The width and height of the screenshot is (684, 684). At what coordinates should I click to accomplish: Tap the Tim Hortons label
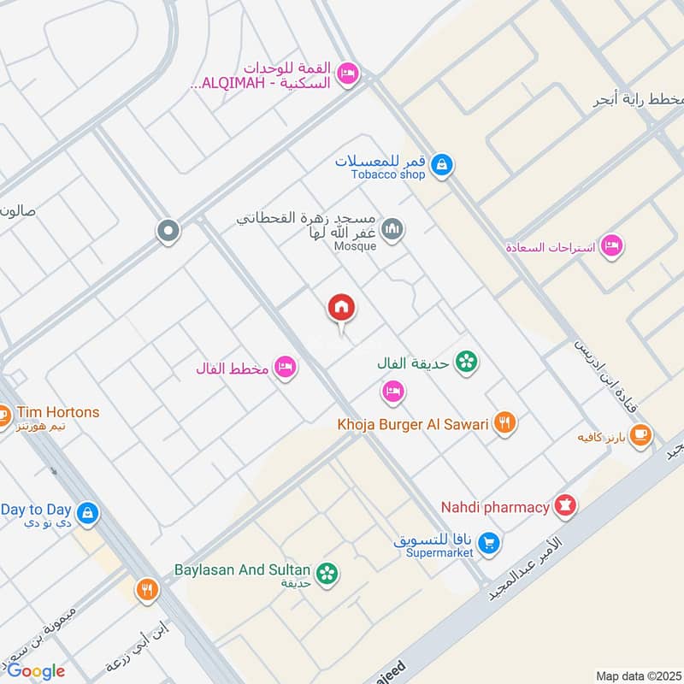pos(49,412)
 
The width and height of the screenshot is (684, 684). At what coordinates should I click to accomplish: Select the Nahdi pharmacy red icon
pos(565,506)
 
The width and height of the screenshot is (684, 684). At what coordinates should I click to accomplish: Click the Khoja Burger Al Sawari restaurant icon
pos(505,422)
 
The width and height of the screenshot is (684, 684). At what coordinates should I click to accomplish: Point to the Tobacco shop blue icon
pos(441,164)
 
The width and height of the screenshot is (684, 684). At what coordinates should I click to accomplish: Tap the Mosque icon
pos(392,229)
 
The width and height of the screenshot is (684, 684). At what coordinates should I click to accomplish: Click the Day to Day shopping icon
pos(86,513)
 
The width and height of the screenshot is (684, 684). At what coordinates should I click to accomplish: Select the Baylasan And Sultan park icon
pos(326,574)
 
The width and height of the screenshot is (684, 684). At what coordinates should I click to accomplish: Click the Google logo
pos(36,671)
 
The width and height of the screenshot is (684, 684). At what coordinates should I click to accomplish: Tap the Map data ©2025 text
pos(636,675)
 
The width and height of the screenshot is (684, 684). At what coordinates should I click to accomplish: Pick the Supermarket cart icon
pos(488,543)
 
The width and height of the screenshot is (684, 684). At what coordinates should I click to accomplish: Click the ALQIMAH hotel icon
pos(347,74)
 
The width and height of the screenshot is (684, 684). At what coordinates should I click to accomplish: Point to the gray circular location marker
pos(168,230)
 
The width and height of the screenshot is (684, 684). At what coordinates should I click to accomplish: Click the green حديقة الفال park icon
pos(466,363)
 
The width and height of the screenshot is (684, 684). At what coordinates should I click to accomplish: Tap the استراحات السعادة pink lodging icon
pos(610,246)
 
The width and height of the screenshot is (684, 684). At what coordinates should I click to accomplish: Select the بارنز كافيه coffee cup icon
pos(641,435)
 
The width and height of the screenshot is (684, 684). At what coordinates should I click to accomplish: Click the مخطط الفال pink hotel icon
pos(286,368)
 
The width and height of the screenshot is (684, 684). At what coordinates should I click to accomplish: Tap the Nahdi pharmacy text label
pos(495,507)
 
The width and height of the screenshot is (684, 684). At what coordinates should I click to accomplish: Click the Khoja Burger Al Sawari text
pos(412,423)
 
